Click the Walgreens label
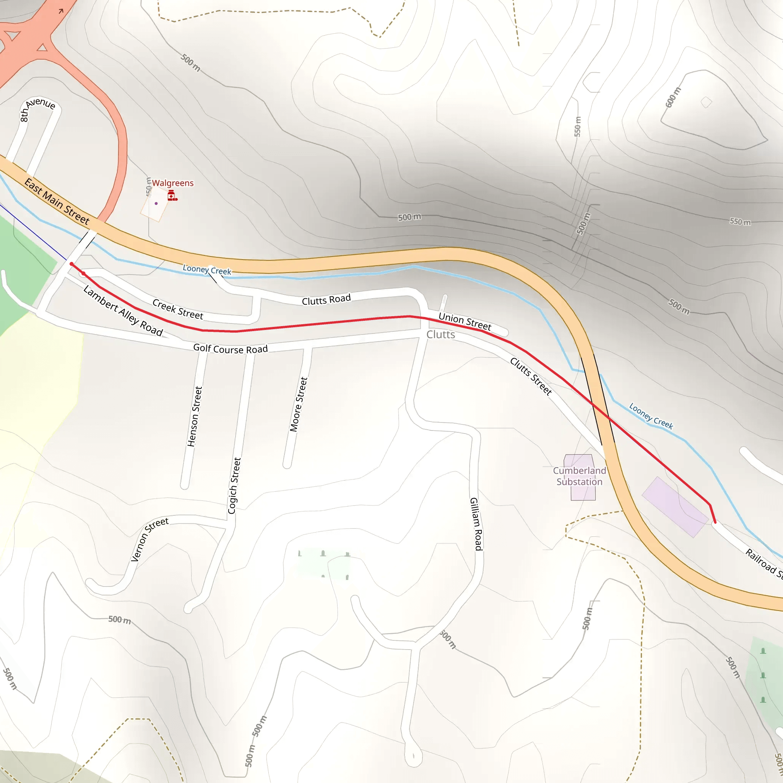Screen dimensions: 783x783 [x=173, y=183]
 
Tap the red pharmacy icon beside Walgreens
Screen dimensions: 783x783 [x=172, y=196]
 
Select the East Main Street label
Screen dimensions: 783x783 [x=57, y=201]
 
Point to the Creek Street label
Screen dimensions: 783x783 [x=177, y=309]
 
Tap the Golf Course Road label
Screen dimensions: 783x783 [x=230, y=349]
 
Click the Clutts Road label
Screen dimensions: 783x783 [x=326, y=299]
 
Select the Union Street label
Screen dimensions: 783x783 [x=465, y=322]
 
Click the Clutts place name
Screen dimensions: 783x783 [x=440, y=335]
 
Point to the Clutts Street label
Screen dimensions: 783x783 [x=531, y=376]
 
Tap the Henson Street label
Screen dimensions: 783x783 [x=195, y=416]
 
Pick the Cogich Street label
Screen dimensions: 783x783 [x=234, y=486]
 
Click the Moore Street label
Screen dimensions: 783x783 [x=299, y=404]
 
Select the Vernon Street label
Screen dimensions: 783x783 [x=149, y=539]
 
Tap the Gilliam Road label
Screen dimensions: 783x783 [x=476, y=524]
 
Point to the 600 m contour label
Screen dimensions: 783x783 [x=673, y=97]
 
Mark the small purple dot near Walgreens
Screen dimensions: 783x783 [x=156, y=203]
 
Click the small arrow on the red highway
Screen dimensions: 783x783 [x=61, y=11]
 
